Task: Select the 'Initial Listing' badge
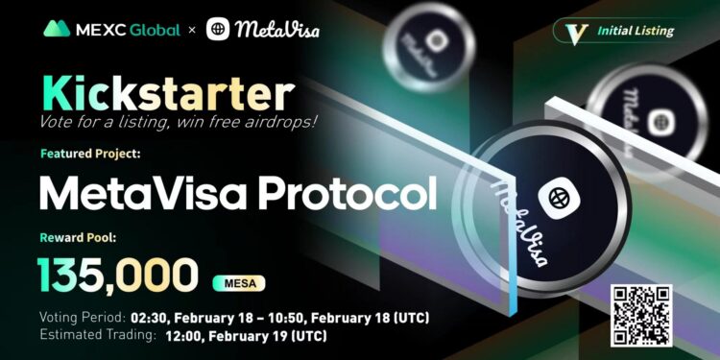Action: pyautogui.click(x=619, y=30)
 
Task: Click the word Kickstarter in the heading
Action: pyautogui.click(x=165, y=94)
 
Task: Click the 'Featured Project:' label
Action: pyautogui.click(x=90, y=153)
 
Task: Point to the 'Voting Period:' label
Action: pyautogui.click(x=82, y=317)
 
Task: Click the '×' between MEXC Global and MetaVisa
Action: pyautogui.click(x=192, y=30)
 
